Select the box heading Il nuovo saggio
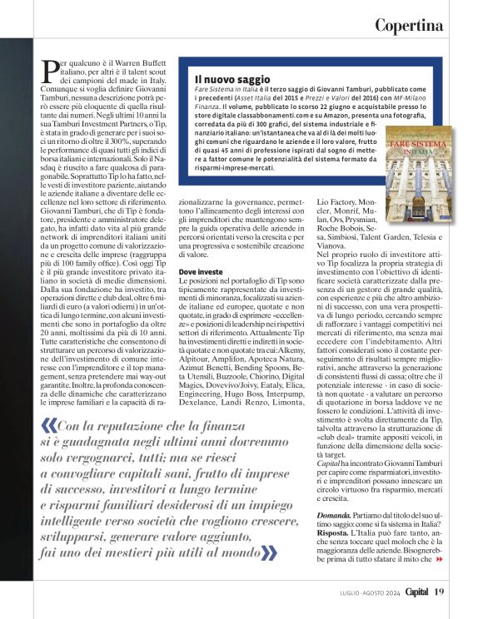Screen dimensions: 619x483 pos(220,79)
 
